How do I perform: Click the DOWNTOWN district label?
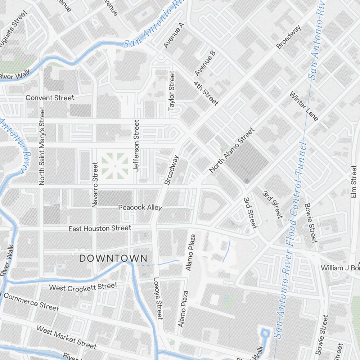[x=113, y=258]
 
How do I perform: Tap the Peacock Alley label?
[x=140, y=208]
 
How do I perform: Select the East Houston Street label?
[x=100, y=228]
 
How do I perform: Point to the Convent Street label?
[x=50, y=98]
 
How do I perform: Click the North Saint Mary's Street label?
[x=42, y=146]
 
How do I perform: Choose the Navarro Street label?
[x=95, y=185]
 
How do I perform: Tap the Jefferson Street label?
[x=136, y=146]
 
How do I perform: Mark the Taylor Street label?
[x=172, y=90]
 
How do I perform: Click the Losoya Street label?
[x=158, y=298]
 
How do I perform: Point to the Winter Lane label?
[x=304, y=107]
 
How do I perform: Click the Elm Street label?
[x=353, y=182]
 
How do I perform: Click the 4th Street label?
[x=206, y=93]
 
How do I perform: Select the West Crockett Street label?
[x=83, y=287]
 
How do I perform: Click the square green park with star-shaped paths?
[x=115, y=166]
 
